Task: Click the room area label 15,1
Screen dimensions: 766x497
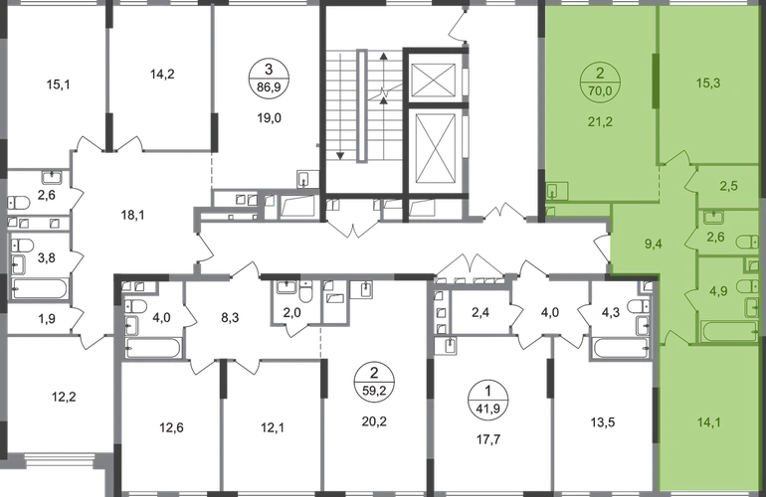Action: click(58, 84)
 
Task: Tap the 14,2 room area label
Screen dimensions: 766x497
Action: click(162, 75)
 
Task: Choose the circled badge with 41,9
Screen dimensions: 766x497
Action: click(488, 399)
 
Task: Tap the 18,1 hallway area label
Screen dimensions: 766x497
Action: click(133, 215)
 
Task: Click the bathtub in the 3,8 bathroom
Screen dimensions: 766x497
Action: click(40, 288)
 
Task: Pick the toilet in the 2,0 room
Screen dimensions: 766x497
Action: click(306, 293)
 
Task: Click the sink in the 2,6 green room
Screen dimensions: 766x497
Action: click(714, 217)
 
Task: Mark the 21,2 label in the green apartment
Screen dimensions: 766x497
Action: click(600, 122)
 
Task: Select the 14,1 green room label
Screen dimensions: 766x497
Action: click(708, 422)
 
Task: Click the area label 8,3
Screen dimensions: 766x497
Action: click(229, 318)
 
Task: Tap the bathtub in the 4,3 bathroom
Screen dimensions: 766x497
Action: click(620, 349)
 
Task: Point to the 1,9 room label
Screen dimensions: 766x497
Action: click(47, 319)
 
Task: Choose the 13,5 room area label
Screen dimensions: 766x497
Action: click(603, 422)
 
